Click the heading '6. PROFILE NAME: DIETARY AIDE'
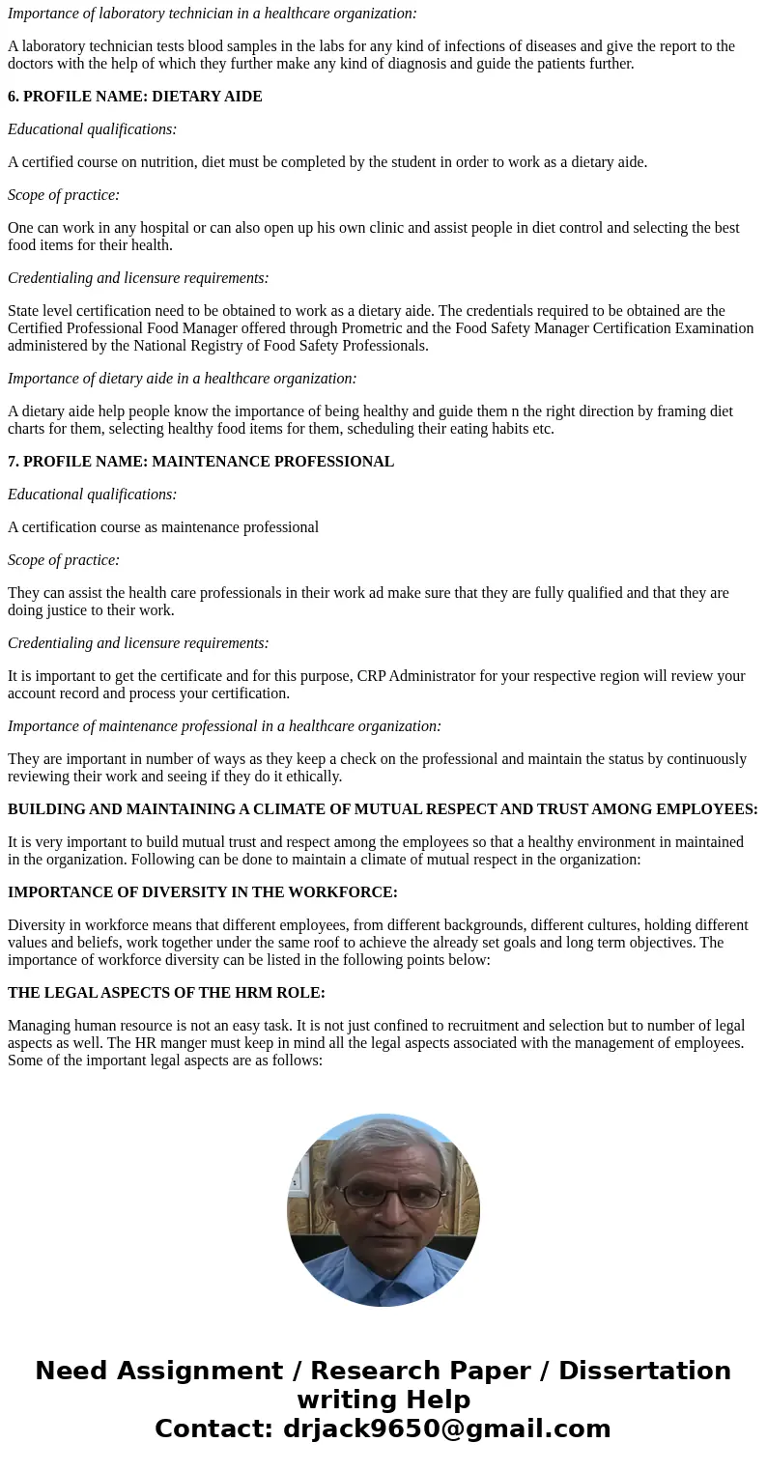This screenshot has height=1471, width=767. coord(134,97)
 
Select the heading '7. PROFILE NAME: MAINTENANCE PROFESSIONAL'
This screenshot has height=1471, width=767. coord(201,462)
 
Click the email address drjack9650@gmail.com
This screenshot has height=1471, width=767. coord(446,1429)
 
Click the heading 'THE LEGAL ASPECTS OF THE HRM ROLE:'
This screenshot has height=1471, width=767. coord(166,993)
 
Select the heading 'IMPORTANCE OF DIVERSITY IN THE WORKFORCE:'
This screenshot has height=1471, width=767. coord(203,892)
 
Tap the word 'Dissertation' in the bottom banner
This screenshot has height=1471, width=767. coord(644,1371)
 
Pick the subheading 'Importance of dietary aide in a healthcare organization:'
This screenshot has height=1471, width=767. coord(182,379)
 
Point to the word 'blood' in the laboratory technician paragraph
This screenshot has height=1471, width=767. coord(220,46)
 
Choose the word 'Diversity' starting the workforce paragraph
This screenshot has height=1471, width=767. coord(38,925)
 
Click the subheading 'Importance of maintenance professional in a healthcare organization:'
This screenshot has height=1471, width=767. coord(224,726)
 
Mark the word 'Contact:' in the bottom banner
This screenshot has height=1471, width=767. coord(214,1429)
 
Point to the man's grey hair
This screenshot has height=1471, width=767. coord(383,1141)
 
